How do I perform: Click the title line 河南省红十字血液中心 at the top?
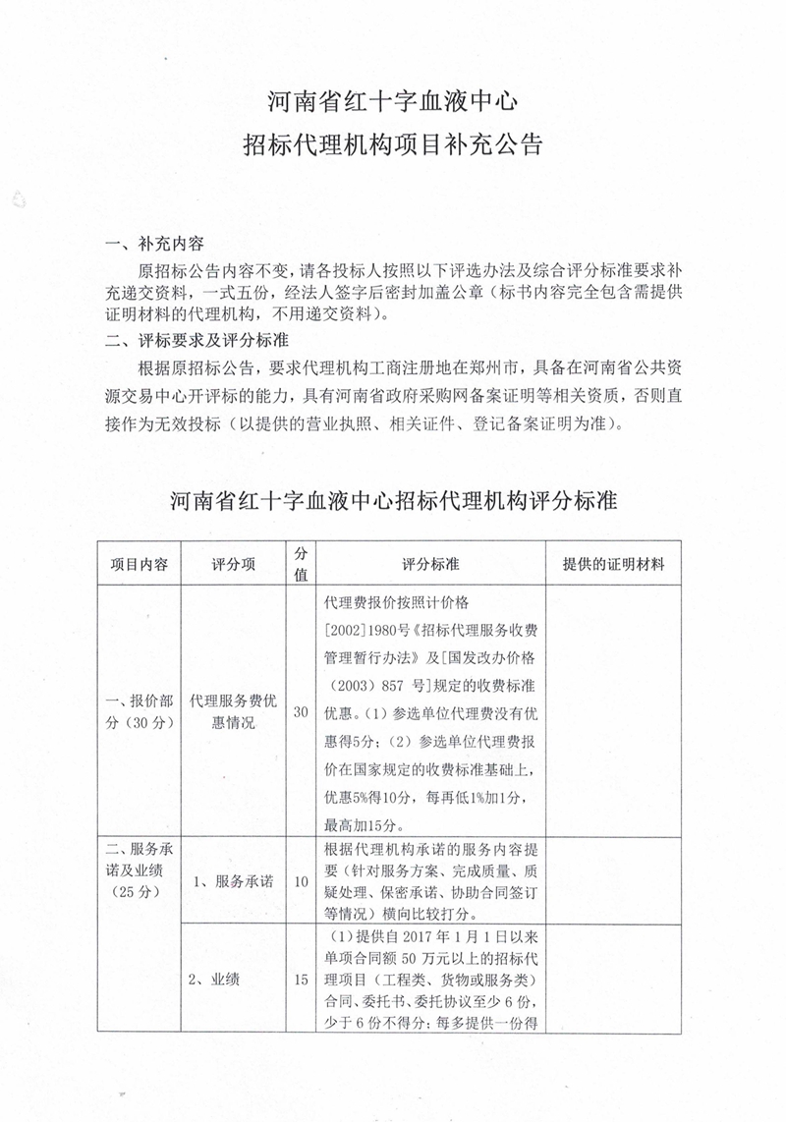click(392, 100)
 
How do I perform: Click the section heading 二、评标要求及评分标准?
click(196, 342)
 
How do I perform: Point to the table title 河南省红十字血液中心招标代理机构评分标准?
click(392, 499)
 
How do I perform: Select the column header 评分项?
click(234, 565)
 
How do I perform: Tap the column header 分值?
click(301, 565)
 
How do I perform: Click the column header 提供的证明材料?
click(613, 565)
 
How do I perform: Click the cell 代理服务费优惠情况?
click(234, 711)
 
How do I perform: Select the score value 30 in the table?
click(301, 711)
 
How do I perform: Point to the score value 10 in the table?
click(301, 880)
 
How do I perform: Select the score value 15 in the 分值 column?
click(301, 978)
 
